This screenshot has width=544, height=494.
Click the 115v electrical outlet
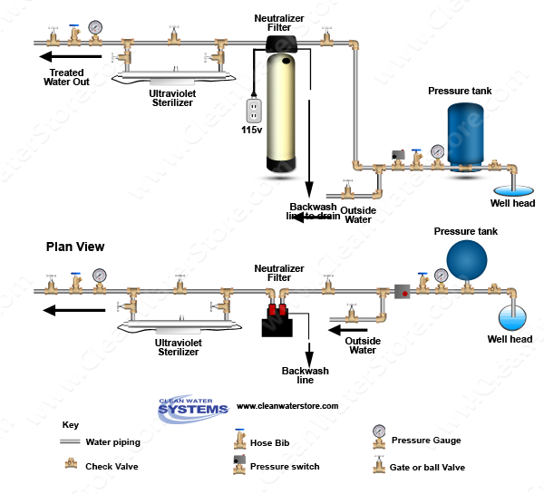click(255, 111)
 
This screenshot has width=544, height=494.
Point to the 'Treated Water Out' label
click(68, 77)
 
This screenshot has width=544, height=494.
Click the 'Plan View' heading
click(75, 247)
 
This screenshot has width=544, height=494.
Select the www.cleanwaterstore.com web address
click(287, 406)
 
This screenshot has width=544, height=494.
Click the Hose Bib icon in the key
click(239, 441)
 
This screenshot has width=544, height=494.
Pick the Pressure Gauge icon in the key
click(378, 434)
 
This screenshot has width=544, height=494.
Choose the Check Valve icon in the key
click(69, 464)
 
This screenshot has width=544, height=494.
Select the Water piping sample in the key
click(70, 442)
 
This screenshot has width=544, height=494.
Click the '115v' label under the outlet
click(251, 131)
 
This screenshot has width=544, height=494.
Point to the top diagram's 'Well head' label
click(512, 203)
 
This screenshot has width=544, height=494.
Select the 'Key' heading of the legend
click(70, 424)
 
